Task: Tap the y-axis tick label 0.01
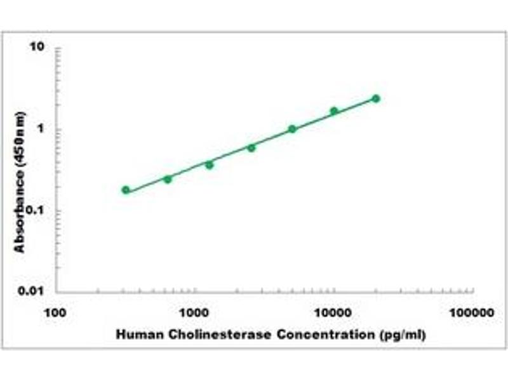tap(33, 291)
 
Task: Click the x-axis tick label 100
tap(56, 313)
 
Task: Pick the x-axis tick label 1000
tap(194, 313)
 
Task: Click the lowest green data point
tap(126, 190)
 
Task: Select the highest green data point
tap(376, 98)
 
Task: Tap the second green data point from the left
tap(168, 179)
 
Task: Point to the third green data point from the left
tap(209, 164)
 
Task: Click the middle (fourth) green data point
tap(251, 147)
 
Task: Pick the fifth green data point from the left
tap(292, 129)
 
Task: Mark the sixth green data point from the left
tap(334, 111)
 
